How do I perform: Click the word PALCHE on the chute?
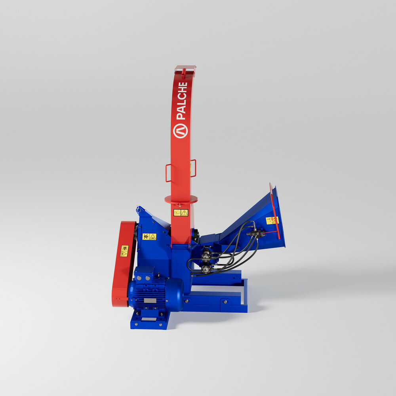(182, 101)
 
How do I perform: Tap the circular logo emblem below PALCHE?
(180, 131)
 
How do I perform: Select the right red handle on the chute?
(193, 168)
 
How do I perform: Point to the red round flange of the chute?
(181, 200)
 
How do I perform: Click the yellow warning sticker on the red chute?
(181, 213)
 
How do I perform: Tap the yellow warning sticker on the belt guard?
(124, 251)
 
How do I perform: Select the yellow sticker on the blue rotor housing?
(149, 237)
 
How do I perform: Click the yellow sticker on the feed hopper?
(272, 221)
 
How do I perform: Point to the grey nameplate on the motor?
(150, 301)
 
